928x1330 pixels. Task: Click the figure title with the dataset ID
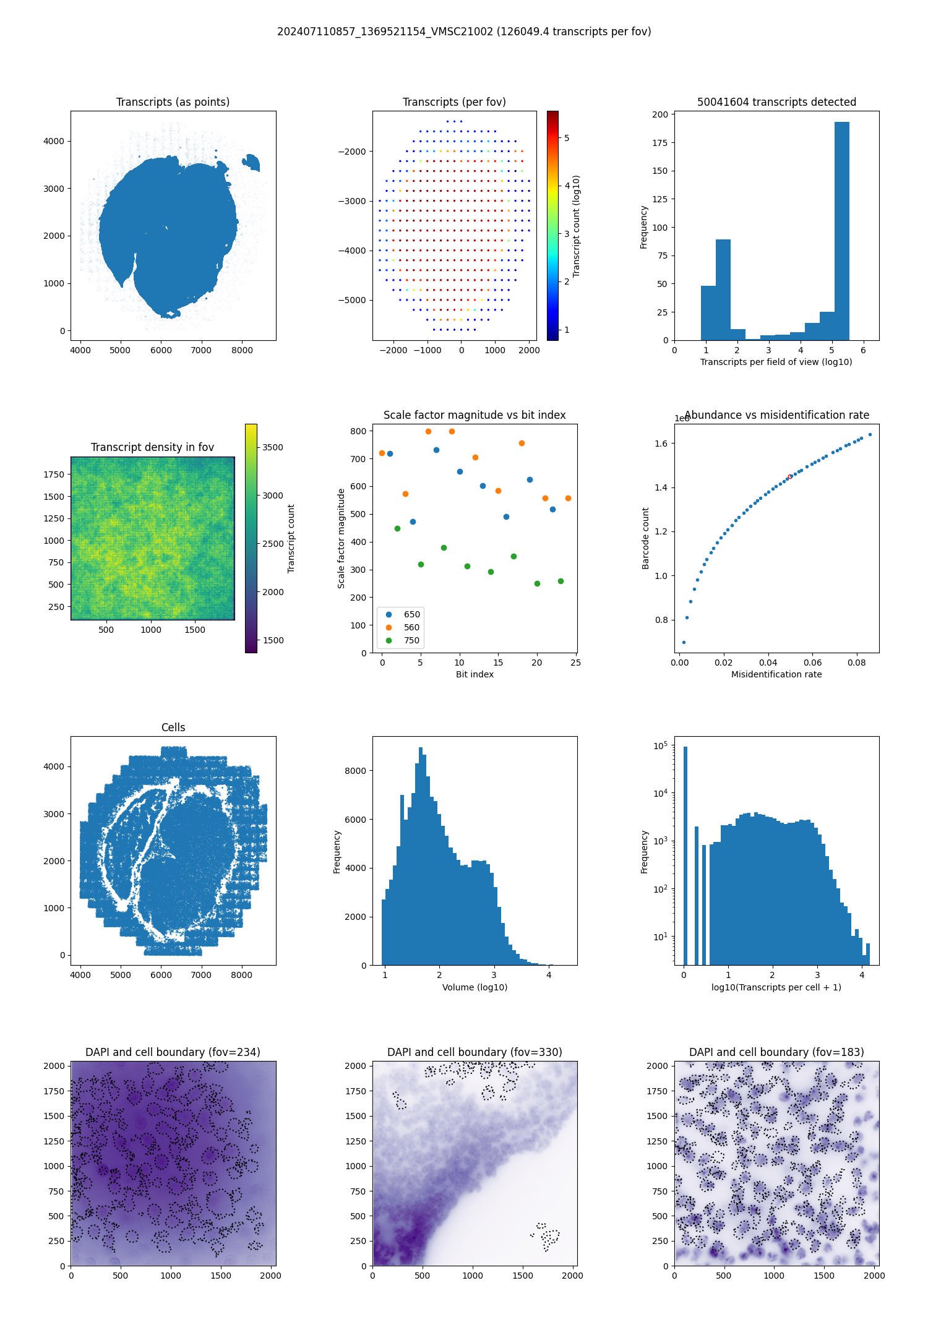[464, 32]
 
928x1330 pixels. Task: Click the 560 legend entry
[411, 627]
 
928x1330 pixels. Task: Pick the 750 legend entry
[411, 640]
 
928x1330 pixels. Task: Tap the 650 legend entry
[411, 614]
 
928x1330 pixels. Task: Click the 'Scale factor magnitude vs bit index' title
[475, 415]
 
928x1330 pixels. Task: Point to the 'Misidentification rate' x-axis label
[776, 674]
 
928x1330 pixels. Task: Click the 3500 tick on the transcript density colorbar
[273, 447]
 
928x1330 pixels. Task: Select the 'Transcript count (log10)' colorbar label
[577, 226]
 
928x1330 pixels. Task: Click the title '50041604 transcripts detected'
[776, 102]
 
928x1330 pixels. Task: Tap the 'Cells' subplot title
[173, 727]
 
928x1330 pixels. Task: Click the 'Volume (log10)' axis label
[475, 987]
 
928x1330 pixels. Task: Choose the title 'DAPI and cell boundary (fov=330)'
[475, 1052]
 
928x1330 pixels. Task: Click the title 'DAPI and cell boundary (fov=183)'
[776, 1052]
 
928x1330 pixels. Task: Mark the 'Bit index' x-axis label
[475, 674]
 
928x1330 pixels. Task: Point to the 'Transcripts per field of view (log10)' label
[776, 362]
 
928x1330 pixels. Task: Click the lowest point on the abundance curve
[684, 642]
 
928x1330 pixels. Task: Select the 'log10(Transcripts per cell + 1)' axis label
[776, 987]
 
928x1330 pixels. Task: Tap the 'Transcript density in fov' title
[152, 447]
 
